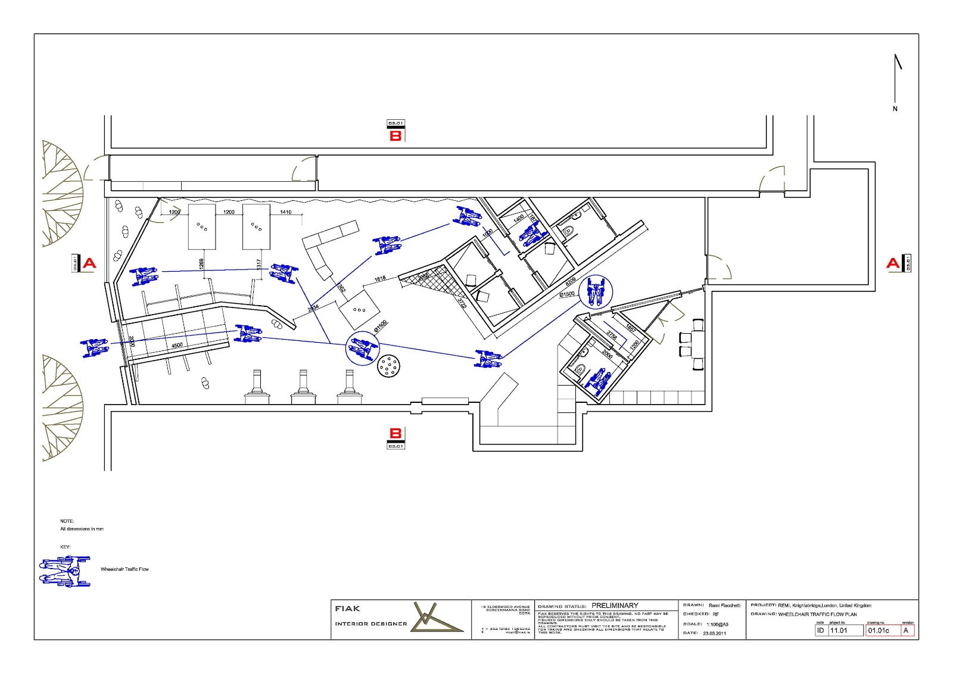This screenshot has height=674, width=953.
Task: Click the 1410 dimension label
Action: click(x=286, y=212)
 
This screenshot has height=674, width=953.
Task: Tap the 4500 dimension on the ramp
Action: click(x=177, y=346)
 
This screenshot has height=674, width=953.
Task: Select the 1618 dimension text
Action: click(x=379, y=278)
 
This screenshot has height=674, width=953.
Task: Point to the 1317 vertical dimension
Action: click(x=259, y=263)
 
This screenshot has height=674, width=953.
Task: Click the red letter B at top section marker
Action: click(x=395, y=136)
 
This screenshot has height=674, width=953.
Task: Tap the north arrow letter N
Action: click(x=895, y=109)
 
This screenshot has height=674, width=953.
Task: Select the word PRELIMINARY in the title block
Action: click(x=615, y=605)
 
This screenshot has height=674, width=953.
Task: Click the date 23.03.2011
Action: click(x=714, y=633)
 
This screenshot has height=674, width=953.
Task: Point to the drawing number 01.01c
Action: click(x=879, y=630)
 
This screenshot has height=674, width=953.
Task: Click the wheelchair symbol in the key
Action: click(x=66, y=570)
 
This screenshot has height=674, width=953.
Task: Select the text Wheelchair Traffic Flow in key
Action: click(x=124, y=569)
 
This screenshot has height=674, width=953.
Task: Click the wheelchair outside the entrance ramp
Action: click(x=94, y=347)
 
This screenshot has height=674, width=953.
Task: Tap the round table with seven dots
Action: click(x=388, y=366)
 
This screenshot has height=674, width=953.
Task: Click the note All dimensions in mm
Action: click(x=82, y=529)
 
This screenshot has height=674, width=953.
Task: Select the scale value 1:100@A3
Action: click(x=717, y=625)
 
